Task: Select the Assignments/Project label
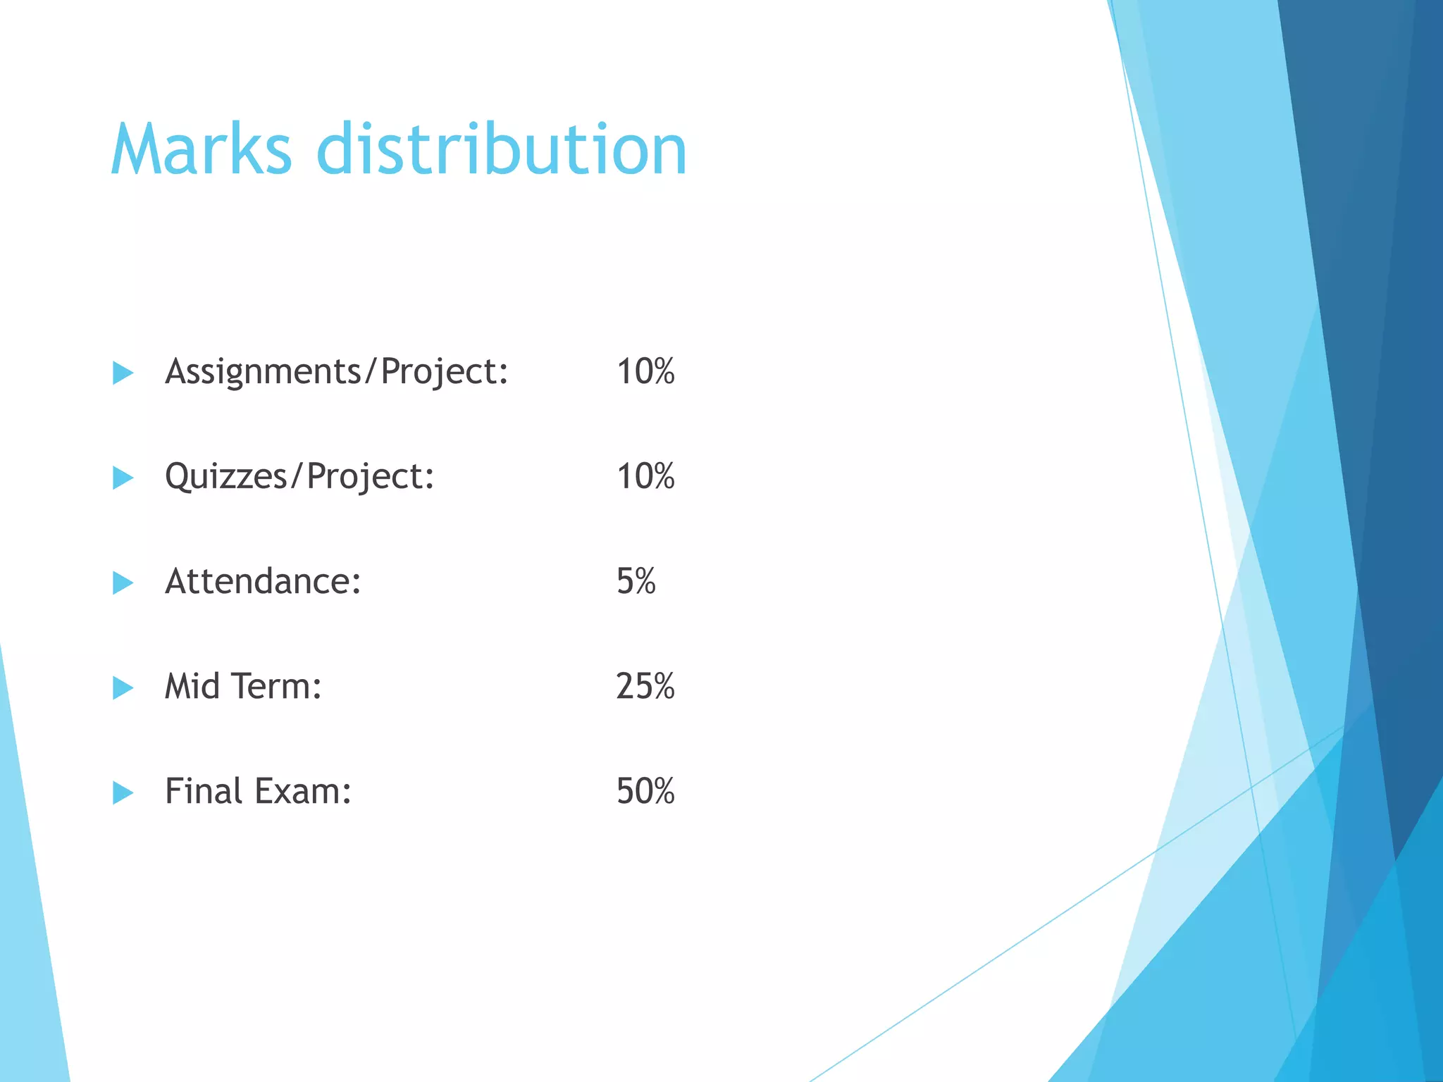(x=336, y=372)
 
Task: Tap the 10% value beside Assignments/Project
(x=645, y=371)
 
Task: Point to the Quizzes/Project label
(x=299, y=477)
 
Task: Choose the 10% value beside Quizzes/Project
(x=645, y=476)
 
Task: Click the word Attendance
(x=263, y=581)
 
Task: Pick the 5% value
(x=636, y=581)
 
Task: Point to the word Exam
(x=303, y=790)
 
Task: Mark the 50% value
(x=645, y=790)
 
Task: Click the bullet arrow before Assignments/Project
(x=123, y=373)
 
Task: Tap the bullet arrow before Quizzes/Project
(x=123, y=478)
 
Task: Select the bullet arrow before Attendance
(x=123, y=583)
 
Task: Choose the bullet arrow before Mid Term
(x=123, y=688)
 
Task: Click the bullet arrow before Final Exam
(x=123, y=792)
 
